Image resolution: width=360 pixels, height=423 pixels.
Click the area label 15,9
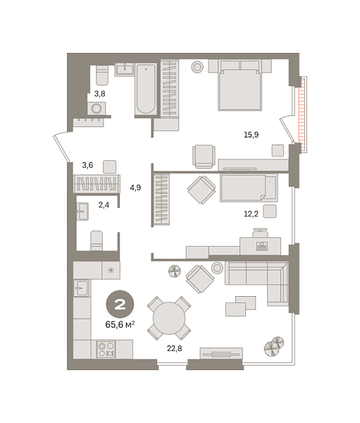coord(251,134)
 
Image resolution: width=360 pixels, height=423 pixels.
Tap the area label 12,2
coord(251,213)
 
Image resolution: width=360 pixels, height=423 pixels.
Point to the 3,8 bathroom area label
coord(99,92)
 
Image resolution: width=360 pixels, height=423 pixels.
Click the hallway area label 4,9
coord(136,187)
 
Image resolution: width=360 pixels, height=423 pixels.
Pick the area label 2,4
coord(103,205)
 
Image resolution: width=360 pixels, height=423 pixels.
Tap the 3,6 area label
coord(87,165)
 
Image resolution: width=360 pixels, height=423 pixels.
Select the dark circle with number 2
coord(120,305)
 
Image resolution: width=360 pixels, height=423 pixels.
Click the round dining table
coord(169,318)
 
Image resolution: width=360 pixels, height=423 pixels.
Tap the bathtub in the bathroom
coord(146,88)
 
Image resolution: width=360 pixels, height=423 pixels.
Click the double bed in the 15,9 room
coord(240,85)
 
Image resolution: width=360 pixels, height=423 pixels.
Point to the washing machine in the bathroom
coord(97,109)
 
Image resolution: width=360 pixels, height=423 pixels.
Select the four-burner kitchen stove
coord(106,348)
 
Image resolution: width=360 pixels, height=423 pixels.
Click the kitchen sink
coord(82,288)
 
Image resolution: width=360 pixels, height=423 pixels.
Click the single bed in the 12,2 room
coord(247,188)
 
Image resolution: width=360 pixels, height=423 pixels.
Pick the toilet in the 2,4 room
coord(97,240)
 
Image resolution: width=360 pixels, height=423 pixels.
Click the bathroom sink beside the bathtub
coord(125,69)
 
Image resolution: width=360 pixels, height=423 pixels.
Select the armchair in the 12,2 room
coord(201,190)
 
